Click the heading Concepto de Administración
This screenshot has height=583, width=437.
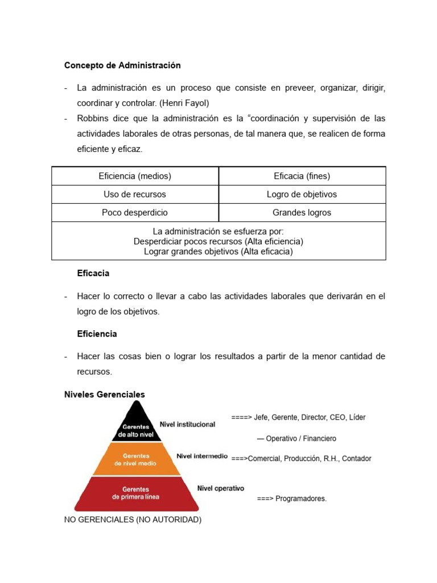coord(122,65)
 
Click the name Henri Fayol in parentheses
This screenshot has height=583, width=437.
coord(186,103)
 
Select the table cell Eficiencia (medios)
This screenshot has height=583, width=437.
coord(135,176)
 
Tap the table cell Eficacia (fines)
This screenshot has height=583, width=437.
coord(302,176)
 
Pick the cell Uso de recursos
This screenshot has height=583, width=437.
coord(135,194)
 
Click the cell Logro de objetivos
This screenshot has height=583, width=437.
coord(302,194)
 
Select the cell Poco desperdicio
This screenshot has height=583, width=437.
coord(135,212)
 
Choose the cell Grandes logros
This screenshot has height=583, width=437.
coord(302,212)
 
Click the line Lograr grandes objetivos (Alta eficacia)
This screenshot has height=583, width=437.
coord(218,251)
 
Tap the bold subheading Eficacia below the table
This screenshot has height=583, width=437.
coord(93,273)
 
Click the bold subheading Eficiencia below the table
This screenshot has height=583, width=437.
coord(97,334)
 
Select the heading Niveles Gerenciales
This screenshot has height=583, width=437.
coord(105,394)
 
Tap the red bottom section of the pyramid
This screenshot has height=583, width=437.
coord(135,493)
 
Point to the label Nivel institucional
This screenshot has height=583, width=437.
coord(187,424)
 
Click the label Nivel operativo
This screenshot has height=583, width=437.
coord(221,488)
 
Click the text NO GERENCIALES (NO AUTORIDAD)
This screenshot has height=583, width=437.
coord(133,520)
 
